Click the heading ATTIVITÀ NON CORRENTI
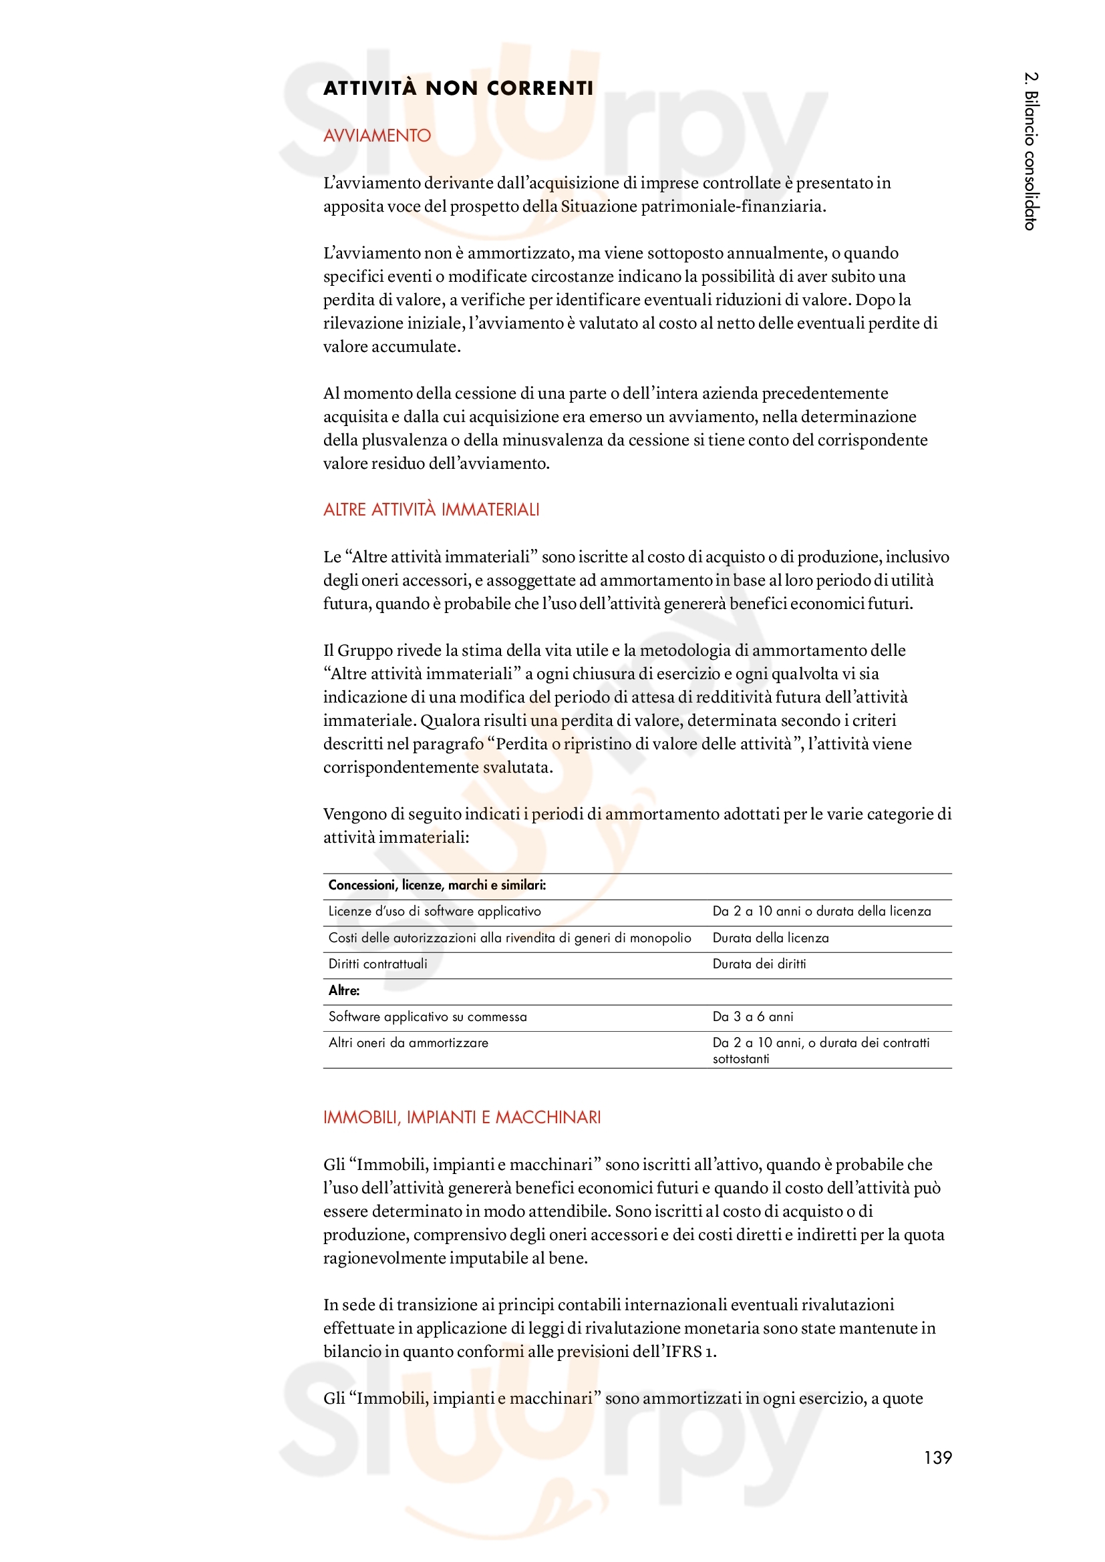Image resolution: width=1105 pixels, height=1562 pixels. pyautogui.click(x=458, y=88)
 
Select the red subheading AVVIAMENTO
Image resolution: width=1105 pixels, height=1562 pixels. pyautogui.click(x=377, y=136)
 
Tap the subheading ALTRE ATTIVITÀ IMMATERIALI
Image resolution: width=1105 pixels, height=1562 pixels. pyautogui.click(x=431, y=510)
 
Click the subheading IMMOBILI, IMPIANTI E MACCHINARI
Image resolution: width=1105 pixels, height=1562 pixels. pyautogui.click(x=462, y=1117)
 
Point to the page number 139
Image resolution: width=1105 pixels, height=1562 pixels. pyautogui.click(x=937, y=1457)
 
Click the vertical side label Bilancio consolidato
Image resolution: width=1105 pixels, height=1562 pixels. pyautogui.click(x=1031, y=151)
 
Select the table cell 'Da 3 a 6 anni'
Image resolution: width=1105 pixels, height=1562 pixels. pyautogui.click(x=752, y=1016)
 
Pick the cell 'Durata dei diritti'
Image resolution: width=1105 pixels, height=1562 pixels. pyautogui.click(x=759, y=964)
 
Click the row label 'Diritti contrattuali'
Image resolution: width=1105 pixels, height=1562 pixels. pyautogui.click(x=377, y=964)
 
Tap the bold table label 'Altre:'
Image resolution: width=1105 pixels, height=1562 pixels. pyautogui.click(x=343, y=990)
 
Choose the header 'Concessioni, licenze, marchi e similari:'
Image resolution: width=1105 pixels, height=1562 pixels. pyautogui.click(x=437, y=885)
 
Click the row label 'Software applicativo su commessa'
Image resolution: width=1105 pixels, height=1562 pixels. pyautogui.click(x=428, y=1016)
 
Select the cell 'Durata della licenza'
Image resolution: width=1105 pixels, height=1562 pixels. pyautogui.click(x=770, y=938)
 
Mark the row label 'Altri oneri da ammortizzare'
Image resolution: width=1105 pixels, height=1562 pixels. pyautogui.click(x=408, y=1043)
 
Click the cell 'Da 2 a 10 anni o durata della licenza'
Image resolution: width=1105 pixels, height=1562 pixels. pyautogui.click(x=821, y=912)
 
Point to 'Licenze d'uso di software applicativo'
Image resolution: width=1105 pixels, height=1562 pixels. pyautogui.click(x=434, y=912)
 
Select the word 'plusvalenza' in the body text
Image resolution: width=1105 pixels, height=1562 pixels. pyautogui.click(x=404, y=440)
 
